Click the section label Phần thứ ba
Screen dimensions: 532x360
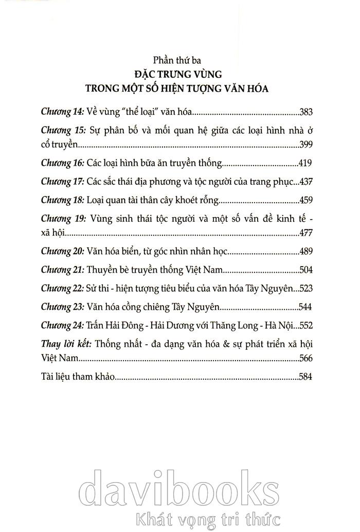click(179, 57)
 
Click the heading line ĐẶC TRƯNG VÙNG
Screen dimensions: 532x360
click(179, 73)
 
